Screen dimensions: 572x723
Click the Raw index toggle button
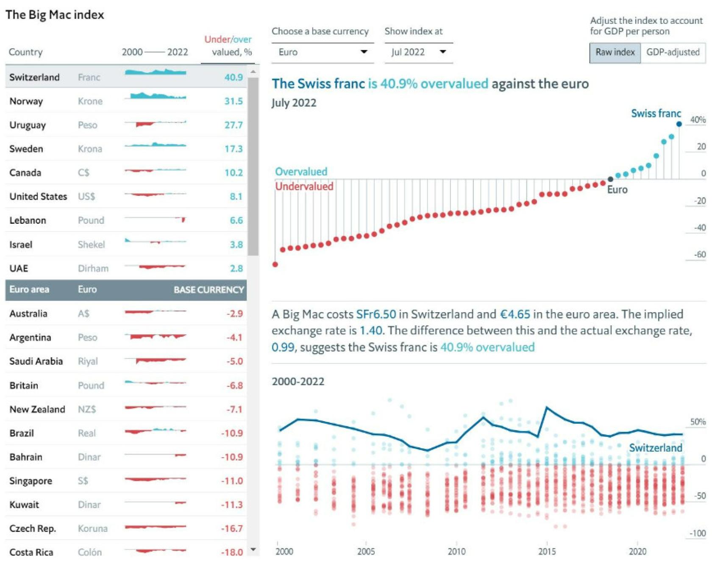pos(615,53)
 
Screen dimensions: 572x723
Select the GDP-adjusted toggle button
pos(673,53)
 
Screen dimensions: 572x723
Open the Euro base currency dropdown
pos(322,52)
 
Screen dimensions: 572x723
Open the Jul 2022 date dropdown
pos(418,52)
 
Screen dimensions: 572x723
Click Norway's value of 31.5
pos(234,101)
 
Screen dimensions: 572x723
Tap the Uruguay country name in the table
pos(28,125)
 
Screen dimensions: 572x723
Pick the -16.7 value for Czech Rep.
pos(232,528)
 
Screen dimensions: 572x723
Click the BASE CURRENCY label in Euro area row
pos(209,290)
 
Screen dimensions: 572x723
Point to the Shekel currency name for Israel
pos(91,244)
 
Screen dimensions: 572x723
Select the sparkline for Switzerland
pos(155,72)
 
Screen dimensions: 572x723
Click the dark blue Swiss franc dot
pos(679,124)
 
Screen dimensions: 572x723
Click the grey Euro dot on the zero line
pos(610,179)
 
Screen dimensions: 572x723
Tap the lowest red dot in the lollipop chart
pos(275,264)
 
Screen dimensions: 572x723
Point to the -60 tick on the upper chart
pos(700,255)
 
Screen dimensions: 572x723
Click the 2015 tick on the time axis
pos(547,551)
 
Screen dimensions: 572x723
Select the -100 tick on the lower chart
pos(698,533)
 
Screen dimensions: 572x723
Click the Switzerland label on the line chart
pos(655,448)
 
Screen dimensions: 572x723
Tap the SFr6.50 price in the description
pos(376,314)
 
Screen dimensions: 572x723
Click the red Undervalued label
pos(304,186)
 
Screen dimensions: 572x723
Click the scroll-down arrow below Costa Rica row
pos(253,550)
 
